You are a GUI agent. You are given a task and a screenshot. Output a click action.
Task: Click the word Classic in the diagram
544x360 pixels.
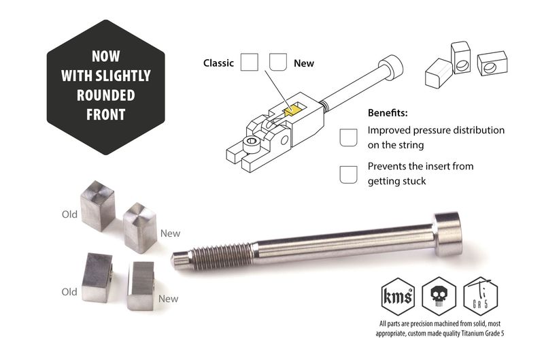pos(218,63)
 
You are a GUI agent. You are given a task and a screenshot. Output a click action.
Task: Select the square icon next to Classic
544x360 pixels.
pos(250,63)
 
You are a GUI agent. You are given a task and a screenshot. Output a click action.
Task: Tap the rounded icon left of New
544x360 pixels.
pos(277,63)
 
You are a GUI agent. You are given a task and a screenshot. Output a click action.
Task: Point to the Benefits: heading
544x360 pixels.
pos(392,113)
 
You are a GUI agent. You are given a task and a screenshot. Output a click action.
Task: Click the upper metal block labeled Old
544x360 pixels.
pos(97,206)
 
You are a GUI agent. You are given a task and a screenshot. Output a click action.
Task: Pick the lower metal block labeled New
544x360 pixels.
pos(141,284)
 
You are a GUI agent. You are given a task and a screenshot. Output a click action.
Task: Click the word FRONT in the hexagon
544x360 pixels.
pos(105,114)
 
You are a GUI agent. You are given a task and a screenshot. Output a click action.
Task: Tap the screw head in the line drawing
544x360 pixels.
pos(390,67)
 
